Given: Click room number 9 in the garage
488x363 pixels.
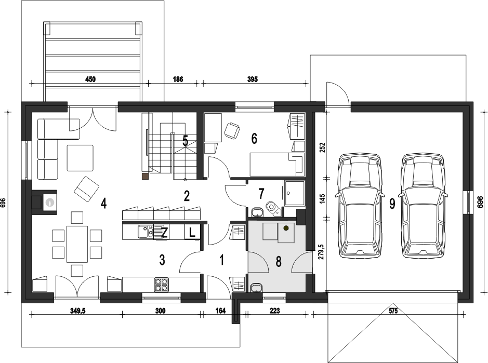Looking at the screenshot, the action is (392, 204).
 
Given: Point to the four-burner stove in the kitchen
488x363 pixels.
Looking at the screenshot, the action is (162, 285).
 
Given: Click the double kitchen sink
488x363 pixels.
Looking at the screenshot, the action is (146, 232).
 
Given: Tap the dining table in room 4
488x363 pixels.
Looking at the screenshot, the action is (77, 244).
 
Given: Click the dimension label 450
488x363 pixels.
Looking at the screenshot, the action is (90, 79).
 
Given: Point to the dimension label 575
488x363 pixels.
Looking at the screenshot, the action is (393, 311).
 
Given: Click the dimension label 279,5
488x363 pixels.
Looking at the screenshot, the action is (322, 251).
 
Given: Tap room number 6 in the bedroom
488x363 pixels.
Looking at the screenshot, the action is (254, 139).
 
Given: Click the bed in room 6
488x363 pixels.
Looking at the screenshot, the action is (276, 164).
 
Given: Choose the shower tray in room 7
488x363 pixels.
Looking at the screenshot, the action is (294, 193).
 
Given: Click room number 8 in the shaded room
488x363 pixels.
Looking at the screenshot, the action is (279, 262).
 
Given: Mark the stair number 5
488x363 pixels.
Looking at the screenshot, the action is (185, 141).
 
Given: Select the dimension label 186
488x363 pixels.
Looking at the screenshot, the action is (178, 79).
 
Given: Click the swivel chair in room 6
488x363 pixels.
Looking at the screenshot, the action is (232, 130).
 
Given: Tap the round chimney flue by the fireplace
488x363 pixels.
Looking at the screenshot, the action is (49, 203).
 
